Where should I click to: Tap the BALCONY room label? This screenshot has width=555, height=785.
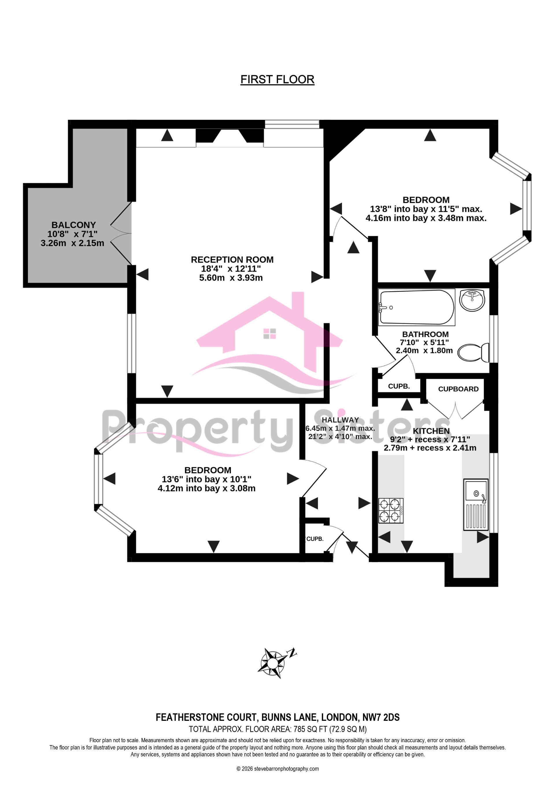(x=73, y=225)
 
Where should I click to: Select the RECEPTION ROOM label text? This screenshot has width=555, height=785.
(x=232, y=260)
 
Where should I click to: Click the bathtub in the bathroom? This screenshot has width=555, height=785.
(x=416, y=307)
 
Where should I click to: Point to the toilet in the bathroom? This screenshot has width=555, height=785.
(x=473, y=353)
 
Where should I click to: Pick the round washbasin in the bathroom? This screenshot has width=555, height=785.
(x=472, y=300)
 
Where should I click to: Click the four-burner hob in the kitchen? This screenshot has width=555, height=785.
(x=391, y=510)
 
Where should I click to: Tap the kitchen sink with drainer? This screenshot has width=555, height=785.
(x=476, y=505)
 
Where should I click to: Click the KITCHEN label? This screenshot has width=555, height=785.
(x=431, y=431)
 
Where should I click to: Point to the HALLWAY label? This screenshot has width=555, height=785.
(x=340, y=420)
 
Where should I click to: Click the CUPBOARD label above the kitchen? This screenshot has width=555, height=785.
(x=458, y=389)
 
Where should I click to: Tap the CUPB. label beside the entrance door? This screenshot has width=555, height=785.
(x=314, y=539)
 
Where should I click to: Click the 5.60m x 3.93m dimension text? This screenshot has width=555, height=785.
(x=231, y=278)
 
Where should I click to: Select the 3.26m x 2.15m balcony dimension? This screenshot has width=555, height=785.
(x=72, y=243)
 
